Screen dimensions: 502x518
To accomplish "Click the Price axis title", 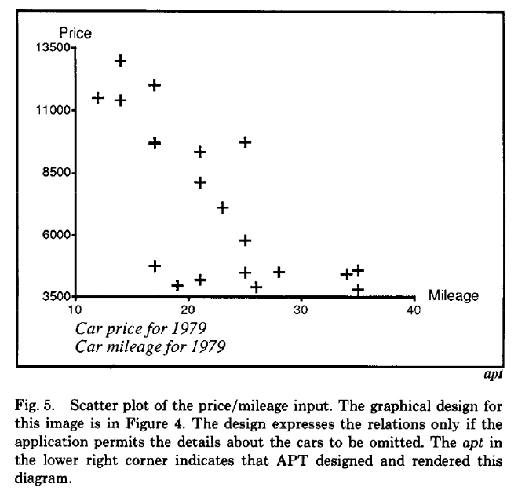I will pyautogui.click(x=76, y=33).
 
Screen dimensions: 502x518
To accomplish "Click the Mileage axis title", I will pyautogui.click(x=453, y=295).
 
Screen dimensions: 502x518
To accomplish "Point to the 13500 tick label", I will pyautogui.click(x=53, y=49).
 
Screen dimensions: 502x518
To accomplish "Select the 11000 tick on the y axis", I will pyautogui.click(x=53, y=111).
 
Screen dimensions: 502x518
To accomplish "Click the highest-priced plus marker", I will pyautogui.click(x=121, y=60).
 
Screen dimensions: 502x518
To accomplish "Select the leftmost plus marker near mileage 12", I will pyautogui.click(x=98, y=97).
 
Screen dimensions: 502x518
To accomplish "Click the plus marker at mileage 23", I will pyautogui.click(x=222, y=207).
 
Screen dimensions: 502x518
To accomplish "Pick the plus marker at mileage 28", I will pyautogui.click(x=279, y=272).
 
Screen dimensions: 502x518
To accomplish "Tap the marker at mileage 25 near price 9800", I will pyautogui.click(x=245, y=142).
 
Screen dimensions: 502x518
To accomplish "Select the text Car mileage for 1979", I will pyautogui.click(x=154, y=345).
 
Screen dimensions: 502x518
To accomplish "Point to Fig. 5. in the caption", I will pyautogui.click(x=32, y=406).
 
